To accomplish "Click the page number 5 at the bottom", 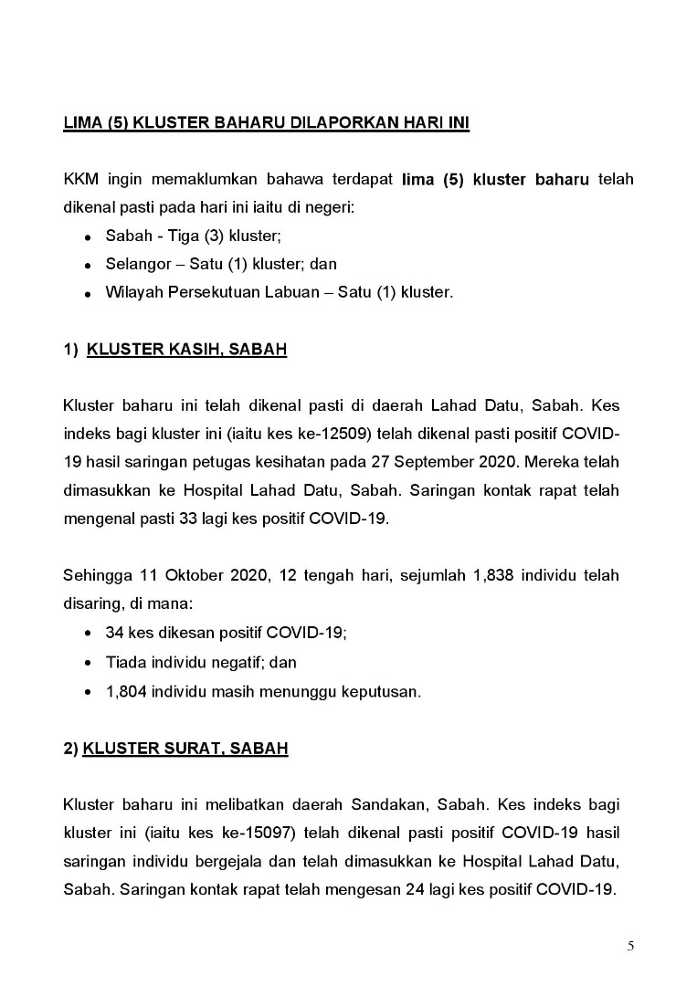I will click(x=630, y=946).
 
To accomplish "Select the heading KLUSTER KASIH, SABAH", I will click(x=186, y=350).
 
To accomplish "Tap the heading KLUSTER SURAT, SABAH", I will click(x=185, y=749).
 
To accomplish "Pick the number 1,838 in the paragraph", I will click(x=497, y=575).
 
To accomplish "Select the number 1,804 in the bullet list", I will click(x=125, y=692).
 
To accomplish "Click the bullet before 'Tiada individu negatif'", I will click(x=86, y=663).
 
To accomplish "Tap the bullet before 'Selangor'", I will click(x=86, y=265).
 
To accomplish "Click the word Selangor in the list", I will click(x=136, y=265).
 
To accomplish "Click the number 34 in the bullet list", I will click(x=115, y=632).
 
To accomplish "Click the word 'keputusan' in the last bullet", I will click(x=385, y=692).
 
